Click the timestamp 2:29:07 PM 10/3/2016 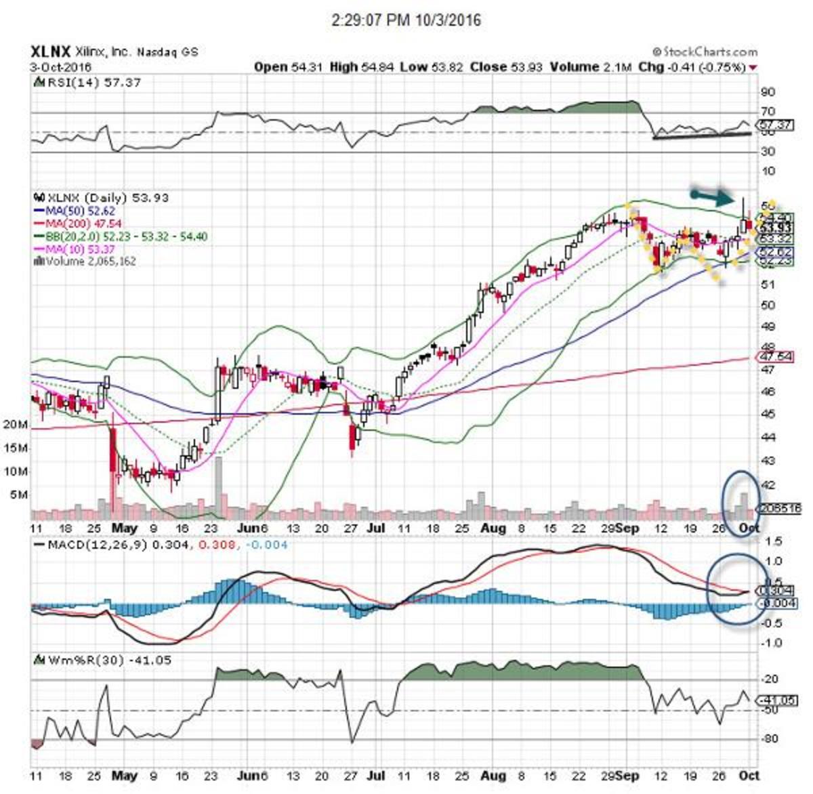[406, 20]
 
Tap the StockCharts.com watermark [705, 51]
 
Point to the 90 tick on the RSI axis [768, 92]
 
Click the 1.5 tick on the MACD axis [773, 542]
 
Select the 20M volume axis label [16, 425]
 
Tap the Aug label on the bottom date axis [495, 776]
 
